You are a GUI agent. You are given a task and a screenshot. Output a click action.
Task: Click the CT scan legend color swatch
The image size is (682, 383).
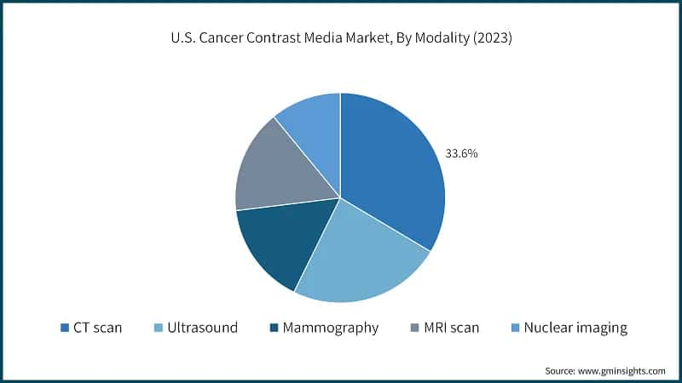[65, 328]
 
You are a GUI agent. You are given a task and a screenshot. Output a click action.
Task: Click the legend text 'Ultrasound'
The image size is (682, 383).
[201, 328]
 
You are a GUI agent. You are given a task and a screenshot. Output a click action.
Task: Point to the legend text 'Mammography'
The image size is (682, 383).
[329, 328]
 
